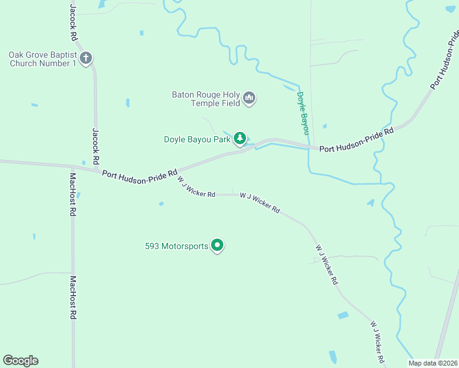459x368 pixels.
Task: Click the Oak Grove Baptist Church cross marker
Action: (x=86, y=59)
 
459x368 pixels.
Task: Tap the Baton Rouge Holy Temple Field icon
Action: (x=249, y=98)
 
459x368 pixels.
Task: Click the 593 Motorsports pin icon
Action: (x=217, y=246)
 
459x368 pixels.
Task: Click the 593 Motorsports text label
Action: (x=177, y=247)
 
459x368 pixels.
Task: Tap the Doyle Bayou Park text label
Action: (x=197, y=139)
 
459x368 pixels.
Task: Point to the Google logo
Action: (x=20, y=361)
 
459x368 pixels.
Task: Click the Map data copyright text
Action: (x=433, y=363)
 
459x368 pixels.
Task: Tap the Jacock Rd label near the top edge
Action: (x=73, y=23)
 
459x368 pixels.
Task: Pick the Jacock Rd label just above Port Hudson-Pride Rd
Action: (x=96, y=145)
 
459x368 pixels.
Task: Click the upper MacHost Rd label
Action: (x=72, y=194)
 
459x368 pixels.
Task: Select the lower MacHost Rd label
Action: (x=72, y=297)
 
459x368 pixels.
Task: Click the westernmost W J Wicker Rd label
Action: (x=196, y=186)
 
